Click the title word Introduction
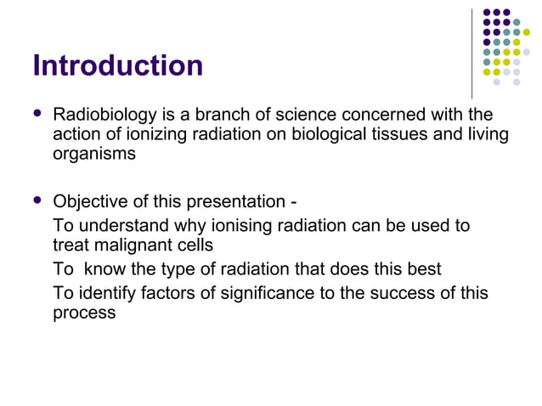tap(117, 65)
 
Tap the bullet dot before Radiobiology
tap(35, 114)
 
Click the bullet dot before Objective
tap(35, 202)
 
